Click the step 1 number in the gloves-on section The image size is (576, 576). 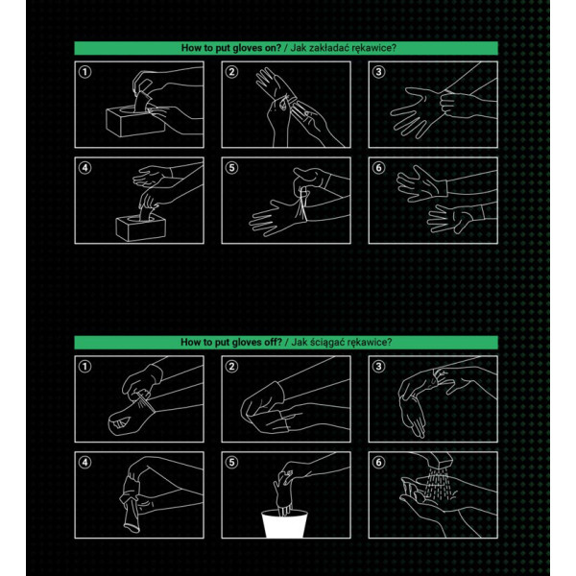coord(84,72)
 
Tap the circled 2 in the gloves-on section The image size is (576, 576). coord(231,72)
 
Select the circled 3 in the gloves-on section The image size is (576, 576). coord(379,72)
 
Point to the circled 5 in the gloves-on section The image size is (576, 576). coord(231,168)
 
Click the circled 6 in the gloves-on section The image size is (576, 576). coord(379,168)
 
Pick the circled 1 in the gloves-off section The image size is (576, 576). coord(84,367)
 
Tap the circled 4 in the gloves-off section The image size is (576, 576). coord(84,462)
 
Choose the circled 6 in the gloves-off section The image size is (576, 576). coord(379,462)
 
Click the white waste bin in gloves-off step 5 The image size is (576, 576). coord(285,524)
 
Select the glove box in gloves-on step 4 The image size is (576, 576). coord(141,228)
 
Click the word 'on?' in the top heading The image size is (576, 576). coord(271,48)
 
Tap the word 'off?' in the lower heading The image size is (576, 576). coord(272,342)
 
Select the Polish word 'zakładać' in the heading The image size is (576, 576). coord(325,48)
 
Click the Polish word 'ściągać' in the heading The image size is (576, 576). coord(327,343)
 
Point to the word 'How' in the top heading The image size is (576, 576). coord(191,48)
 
